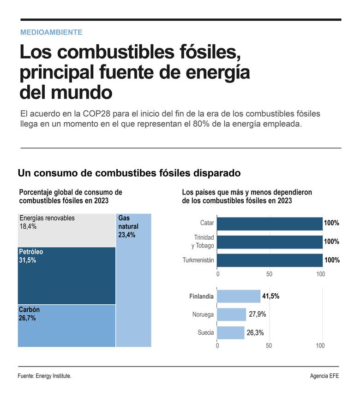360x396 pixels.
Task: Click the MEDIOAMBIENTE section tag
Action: click(x=51, y=32)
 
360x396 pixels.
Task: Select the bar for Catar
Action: click(x=270, y=223)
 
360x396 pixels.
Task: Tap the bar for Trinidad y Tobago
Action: click(x=270, y=242)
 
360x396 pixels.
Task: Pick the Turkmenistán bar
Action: click(x=270, y=260)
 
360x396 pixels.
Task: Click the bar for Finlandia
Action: click(x=239, y=296)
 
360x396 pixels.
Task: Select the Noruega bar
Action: click(x=231, y=314)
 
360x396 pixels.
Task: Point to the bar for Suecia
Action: click(x=230, y=333)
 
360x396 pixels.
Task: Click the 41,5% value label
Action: click(x=270, y=296)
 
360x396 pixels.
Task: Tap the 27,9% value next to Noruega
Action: click(x=257, y=314)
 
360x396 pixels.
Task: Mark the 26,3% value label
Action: click(x=255, y=333)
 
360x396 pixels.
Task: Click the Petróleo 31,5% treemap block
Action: click(x=66, y=276)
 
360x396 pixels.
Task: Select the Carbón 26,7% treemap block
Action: click(x=66, y=325)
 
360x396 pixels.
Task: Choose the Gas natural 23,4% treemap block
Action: click(x=133, y=280)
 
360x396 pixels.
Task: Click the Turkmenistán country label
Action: click(x=198, y=260)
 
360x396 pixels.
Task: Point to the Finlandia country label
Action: click(x=201, y=296)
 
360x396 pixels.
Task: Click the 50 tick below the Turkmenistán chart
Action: click(x=269, y=274)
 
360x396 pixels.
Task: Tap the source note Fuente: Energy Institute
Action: click(x=45, y=376)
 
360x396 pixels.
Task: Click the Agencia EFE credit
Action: click(x=324, y=376)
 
